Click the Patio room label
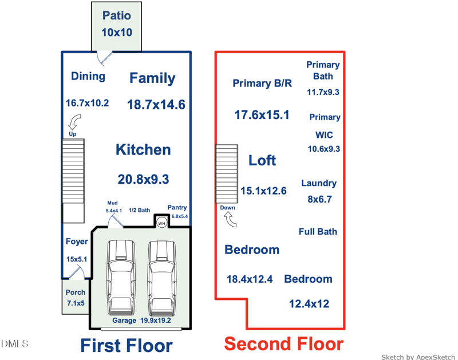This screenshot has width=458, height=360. point(117,16)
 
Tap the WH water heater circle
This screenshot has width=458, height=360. point(161,223)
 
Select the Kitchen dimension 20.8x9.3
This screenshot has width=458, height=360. point(143,179)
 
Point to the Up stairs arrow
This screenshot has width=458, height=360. point(74,122)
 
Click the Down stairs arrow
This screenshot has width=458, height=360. point(230,219)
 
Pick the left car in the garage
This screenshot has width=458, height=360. point(121,278)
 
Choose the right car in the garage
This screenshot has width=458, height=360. point(162,278)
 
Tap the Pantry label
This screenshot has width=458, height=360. point(177,208)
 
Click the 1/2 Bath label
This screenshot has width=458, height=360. point(139,210)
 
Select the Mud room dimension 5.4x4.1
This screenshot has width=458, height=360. point(113,211)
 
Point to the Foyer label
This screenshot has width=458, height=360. point(77,242)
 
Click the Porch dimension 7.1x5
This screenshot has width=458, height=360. point(76,303)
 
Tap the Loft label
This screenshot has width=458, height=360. point(262,160)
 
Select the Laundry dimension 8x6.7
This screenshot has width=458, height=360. point(319,199)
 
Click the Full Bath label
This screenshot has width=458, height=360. point(318,232)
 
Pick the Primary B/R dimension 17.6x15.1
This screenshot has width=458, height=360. point(262,114)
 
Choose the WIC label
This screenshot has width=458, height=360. point(324,135)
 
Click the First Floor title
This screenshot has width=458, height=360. point(127,346)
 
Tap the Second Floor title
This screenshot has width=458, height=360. point(283,344)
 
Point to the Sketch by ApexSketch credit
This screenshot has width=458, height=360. point(418,357)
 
